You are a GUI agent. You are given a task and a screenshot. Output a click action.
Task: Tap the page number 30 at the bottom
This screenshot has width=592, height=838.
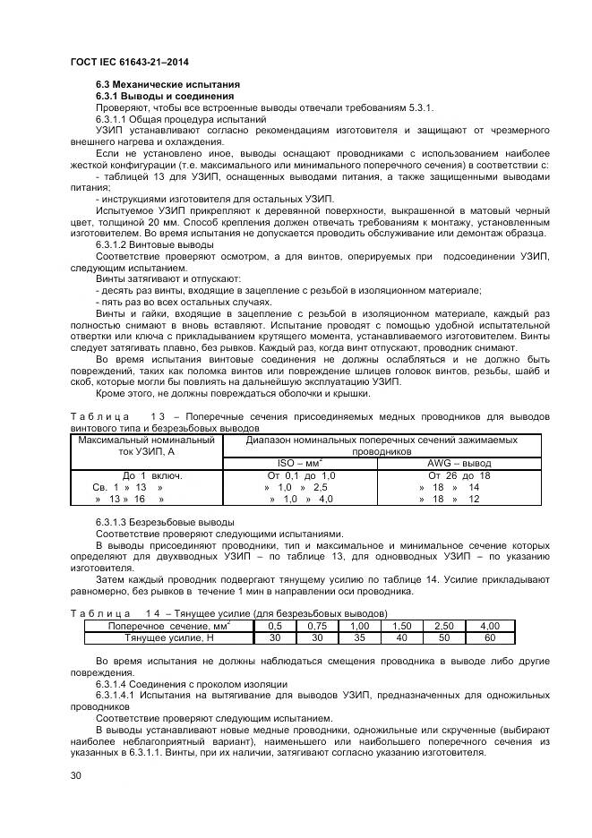76,775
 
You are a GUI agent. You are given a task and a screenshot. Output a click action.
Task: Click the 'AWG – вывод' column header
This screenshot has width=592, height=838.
459,462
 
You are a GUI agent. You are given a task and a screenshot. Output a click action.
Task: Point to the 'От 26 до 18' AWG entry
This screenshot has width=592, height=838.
459,475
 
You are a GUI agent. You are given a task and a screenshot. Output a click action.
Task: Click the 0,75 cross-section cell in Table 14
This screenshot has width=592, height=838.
317,625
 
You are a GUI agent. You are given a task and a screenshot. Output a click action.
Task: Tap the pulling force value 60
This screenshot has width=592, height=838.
489,637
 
